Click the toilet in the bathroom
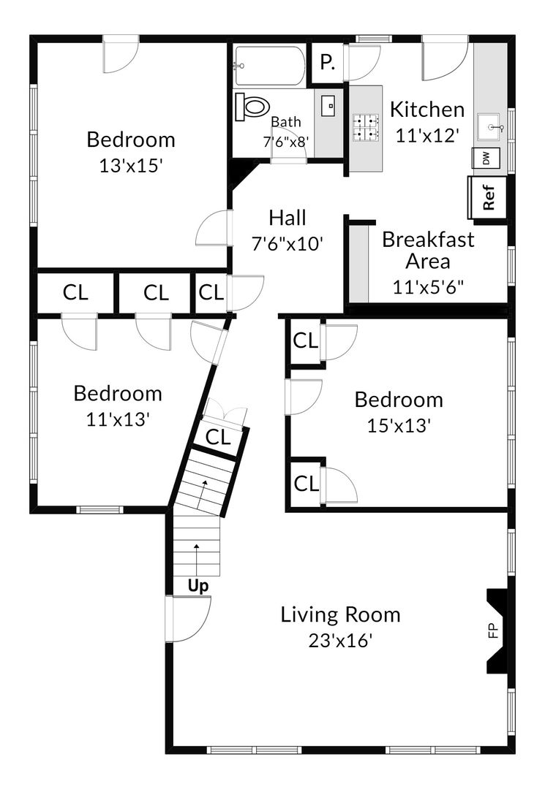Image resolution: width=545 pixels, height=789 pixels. pyautogui.click(x=252, y=107)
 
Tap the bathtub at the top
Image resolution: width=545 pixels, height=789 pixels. pyautogui.click(x=269, y=66)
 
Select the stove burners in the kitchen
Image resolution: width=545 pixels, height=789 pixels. pyautogui.click(x=366, y=128)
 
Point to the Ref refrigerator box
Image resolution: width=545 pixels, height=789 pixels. pyautogui.click(x=487, y=197)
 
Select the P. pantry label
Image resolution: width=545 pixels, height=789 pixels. pyautogui.click(x=328, y=62)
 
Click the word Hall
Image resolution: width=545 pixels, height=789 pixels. pyautogui.click(x=287, y=218)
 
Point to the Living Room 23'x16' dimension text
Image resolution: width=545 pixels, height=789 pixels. pyautogui.click(x=340, y=641)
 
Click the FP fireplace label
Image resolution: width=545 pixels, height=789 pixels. pyautogui.click(x=493, y=630)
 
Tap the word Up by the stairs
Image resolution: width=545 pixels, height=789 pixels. pyautogui.click(x=198, y=586)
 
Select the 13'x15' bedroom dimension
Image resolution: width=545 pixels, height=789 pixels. pyautogui.click(x=131, y=166)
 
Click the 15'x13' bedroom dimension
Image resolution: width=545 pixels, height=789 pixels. pyautogui.click(x=399, y=426)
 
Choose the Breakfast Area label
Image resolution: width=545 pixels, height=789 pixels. pyautogui.click(x=428, y=251)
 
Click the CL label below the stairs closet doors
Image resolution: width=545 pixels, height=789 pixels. pyautogui.click(x=218, y=438)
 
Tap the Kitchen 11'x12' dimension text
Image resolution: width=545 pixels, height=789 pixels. pyautogui.click(x=427, y=135)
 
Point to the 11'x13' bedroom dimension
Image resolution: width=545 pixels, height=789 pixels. pyautogui.click(x=118, y=419)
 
